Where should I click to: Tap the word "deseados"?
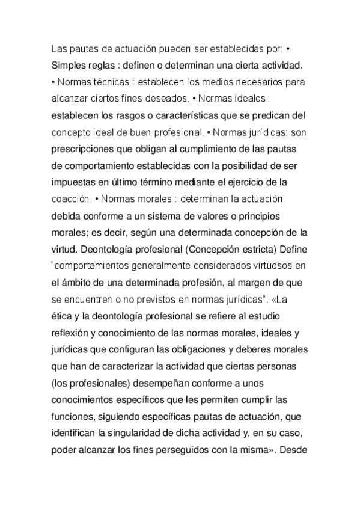(166, 97)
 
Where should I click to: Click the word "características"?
(183, 114)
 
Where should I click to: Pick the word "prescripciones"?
(88, 147)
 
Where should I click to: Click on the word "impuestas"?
(75, 180)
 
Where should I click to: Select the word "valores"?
(206, 214)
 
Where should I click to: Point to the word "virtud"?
(65, 247)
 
